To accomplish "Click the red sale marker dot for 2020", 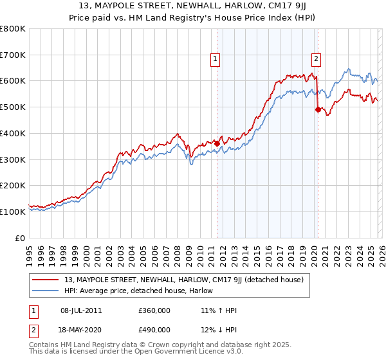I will [x=317, y=109].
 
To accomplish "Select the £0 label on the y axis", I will [x=20, y=238].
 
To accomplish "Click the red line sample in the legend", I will [x=46, y=280].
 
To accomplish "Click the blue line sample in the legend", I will [x=46, y=291].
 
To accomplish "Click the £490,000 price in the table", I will [x=154, y=330].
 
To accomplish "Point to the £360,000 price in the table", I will [x=154, y=310].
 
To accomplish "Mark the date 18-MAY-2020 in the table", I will [x=80, y=330].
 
